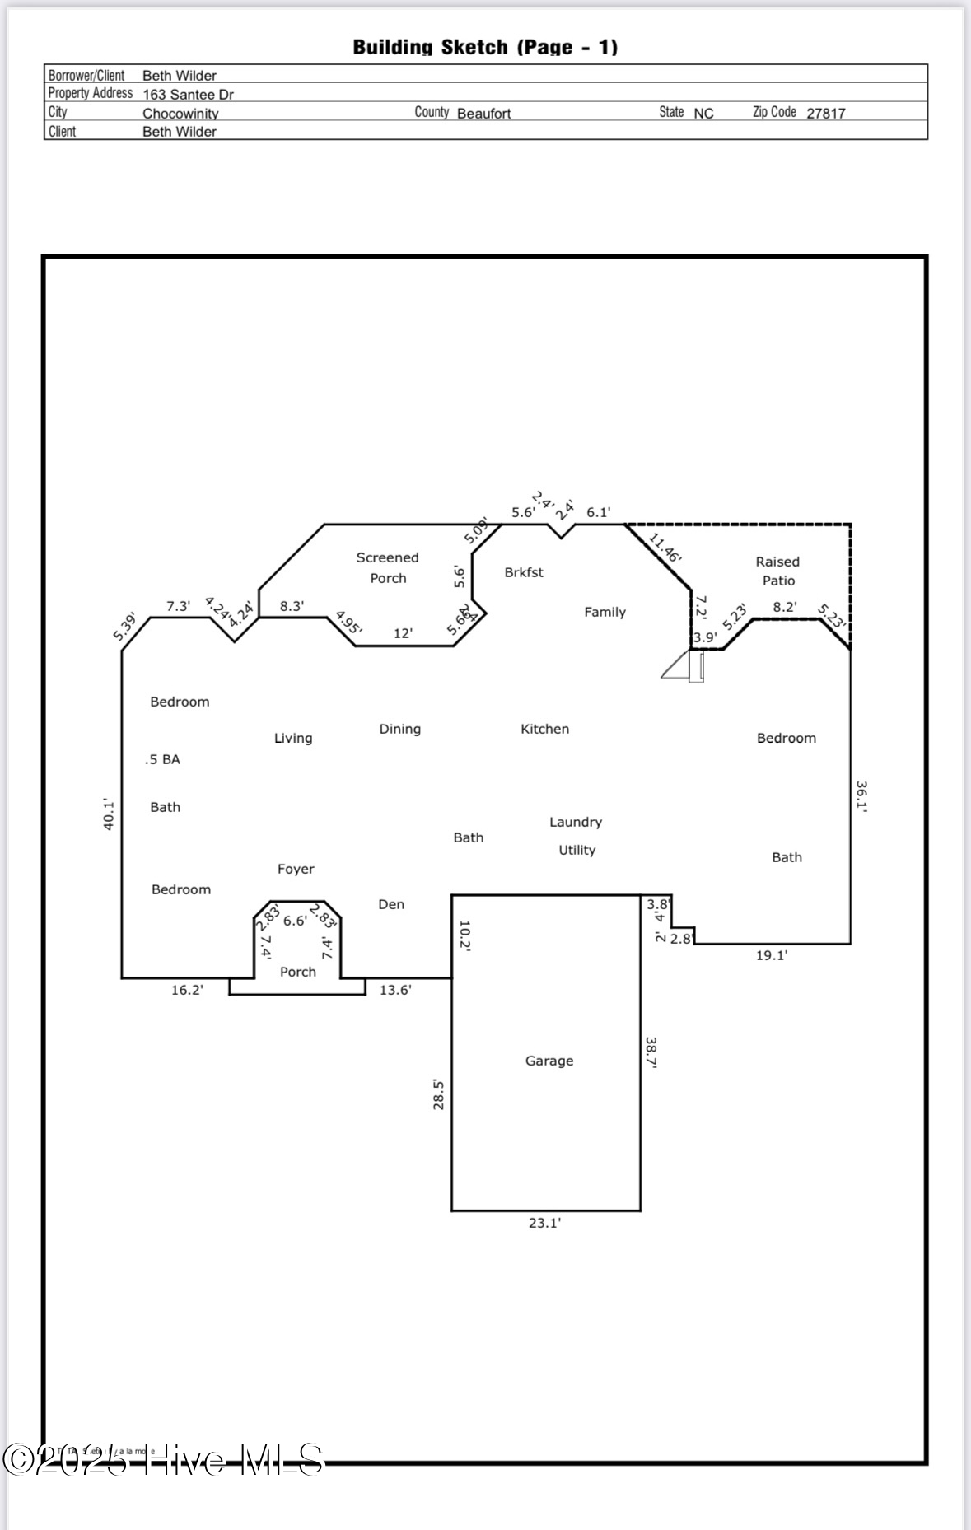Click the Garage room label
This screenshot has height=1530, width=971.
549,1061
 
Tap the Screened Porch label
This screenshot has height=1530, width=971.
388,568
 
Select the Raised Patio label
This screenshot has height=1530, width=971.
777,571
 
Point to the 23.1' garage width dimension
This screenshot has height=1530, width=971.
544,1223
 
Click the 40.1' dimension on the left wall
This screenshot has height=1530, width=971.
108,814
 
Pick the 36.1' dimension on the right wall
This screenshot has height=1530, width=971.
861,796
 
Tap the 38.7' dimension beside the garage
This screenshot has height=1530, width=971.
651,1052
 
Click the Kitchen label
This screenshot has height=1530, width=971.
544,729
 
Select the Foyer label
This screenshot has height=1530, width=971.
296,869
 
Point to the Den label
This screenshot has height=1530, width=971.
391,904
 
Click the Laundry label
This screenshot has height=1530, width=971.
576,822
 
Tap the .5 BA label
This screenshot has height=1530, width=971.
162,759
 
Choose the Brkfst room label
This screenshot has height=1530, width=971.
524,572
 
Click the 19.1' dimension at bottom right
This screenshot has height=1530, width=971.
772,955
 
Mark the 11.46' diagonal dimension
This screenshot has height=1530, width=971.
665,548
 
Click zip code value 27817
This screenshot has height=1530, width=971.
825,114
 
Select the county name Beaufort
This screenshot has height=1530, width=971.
484,114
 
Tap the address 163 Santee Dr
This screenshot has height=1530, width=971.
188,95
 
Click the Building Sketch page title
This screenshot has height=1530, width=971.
485,47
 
